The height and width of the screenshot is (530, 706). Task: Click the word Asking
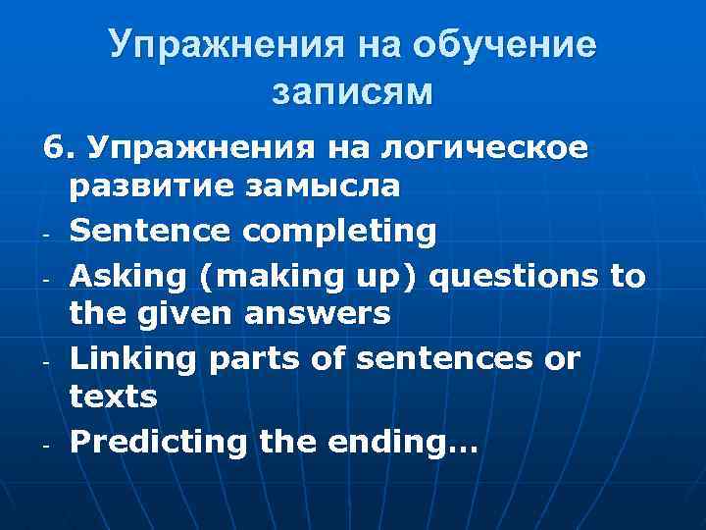[x=125, y=278]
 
